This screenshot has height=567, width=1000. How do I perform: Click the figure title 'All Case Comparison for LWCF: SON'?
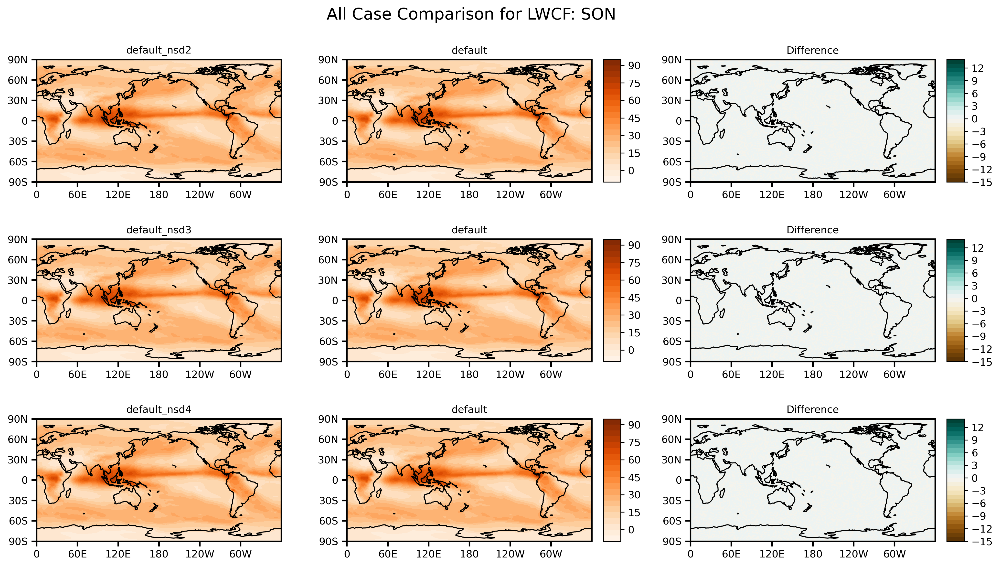click(471, 14)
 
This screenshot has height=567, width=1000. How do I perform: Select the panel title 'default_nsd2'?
click(159, 50)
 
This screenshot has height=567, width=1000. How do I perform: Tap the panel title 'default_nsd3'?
click(159, 230)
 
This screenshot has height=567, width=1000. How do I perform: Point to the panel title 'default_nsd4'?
click(159, 409)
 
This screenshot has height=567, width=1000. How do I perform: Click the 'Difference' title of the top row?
click(812, 50)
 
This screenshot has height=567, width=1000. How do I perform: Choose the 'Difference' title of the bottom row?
click(812, 409)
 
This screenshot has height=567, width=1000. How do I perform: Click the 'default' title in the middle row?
click(469, 230)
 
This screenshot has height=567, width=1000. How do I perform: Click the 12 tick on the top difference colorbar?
click(978, 69)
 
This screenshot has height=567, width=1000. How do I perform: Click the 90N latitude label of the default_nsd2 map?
click(18, 60)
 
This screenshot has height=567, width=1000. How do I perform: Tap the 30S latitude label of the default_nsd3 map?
click(18, 321)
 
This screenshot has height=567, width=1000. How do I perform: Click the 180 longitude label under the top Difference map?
click(812, 195)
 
